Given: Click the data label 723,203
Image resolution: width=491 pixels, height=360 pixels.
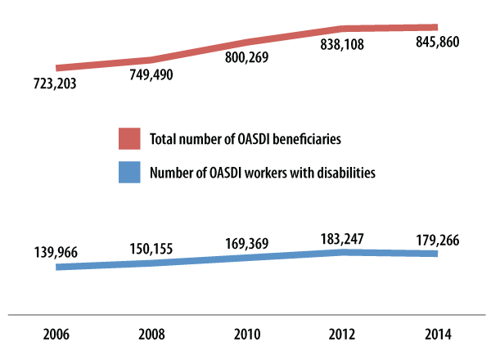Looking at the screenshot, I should pos(56,84).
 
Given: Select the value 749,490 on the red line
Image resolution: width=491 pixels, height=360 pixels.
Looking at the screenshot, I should pos(151,74).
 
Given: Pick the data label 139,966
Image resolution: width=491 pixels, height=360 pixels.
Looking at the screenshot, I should pos(56,254).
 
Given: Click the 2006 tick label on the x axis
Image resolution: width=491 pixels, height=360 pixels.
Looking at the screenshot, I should pos(56,335).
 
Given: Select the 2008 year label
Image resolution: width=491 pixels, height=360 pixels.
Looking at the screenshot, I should pos(151,335).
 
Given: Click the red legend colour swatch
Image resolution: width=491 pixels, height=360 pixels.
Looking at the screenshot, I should pos(129,139).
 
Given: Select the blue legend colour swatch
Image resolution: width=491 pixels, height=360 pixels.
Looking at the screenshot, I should pos(129,173).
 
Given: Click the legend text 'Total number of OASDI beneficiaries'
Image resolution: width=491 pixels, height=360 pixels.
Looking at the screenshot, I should pos(245,139).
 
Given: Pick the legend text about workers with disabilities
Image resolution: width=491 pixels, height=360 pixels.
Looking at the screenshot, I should pos(262,173).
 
